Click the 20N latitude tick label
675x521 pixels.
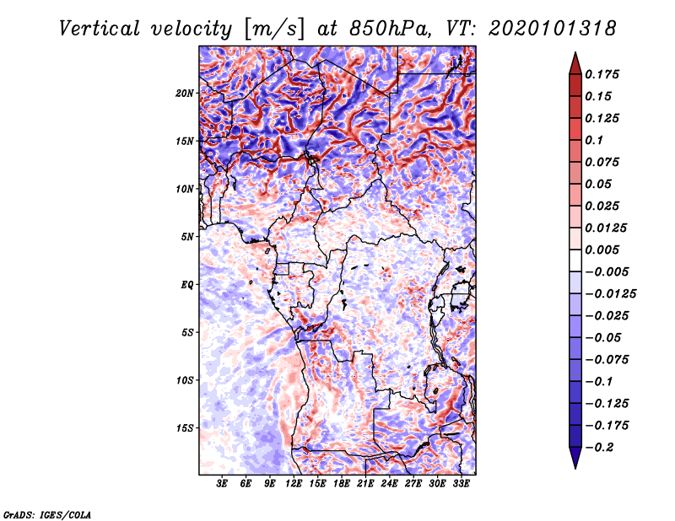[x=186, y=93]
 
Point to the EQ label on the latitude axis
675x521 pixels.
[x=187, y=285]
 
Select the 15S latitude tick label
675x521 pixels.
[x=186, y=428]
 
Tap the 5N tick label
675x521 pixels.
[x=188, y=237]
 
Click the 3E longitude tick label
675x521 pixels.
[x=223, y=485]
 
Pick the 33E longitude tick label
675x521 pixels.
[x=461, y=485]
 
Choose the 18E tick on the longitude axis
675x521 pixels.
[x=342, y=485]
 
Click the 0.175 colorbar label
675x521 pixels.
[x=602, y=74]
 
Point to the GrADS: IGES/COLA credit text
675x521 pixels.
[x=46, y=513]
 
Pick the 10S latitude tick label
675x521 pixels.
[x=186, y=380]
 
